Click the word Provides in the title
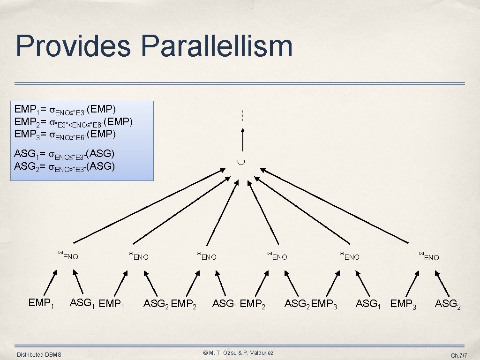[73, 46]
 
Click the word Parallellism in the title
[216, 46]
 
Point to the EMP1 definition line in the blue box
[65, 110]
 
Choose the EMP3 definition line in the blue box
[65, 135]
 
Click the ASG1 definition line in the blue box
[65, 154]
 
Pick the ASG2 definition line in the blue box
[65, 166]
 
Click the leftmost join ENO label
[68, 256]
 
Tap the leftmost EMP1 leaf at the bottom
[41, 303]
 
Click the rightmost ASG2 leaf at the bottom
[448, 304]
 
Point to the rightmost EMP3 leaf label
[403, 304]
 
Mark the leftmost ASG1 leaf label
[82, 303]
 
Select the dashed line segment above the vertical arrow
[242, 115]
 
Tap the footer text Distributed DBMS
[39, 355]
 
